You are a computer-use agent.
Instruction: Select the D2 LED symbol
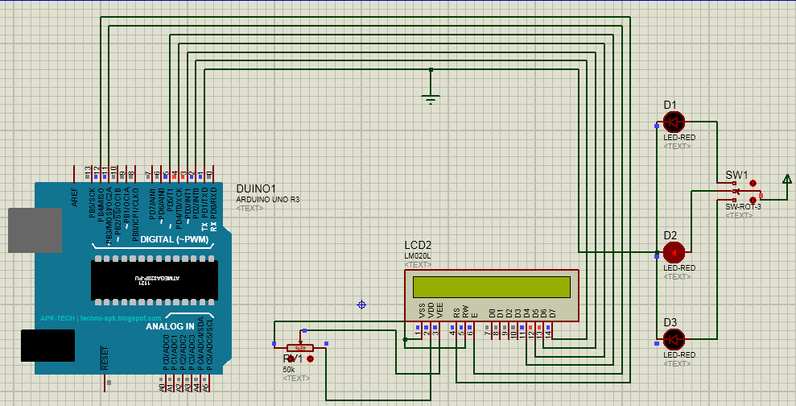click(x=673, y=252)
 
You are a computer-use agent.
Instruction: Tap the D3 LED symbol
click(x=674, y=338)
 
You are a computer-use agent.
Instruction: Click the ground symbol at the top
click(x=431, y=98)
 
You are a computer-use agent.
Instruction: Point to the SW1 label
click(x=736, y=175)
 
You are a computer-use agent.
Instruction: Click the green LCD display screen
click(x=491, y=287)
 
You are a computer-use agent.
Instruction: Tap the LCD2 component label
click(x=418, y=246)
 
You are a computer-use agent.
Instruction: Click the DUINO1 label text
click(x=257, y=188)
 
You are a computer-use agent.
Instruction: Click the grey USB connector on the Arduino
click(x=35, y=230)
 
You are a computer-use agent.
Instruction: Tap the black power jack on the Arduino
click(x=47, y=346)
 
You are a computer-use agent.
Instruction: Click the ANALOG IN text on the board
click(x=169, y=326)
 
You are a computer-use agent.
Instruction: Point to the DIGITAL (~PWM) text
click(x=174, y=240)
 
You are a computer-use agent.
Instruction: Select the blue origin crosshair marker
click(x=361, y=304)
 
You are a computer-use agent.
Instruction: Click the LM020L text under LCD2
click(x=417, y=256)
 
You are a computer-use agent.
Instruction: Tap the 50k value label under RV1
click(x=289, y=369)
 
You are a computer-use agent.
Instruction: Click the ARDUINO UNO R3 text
click(x=267, y=198)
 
